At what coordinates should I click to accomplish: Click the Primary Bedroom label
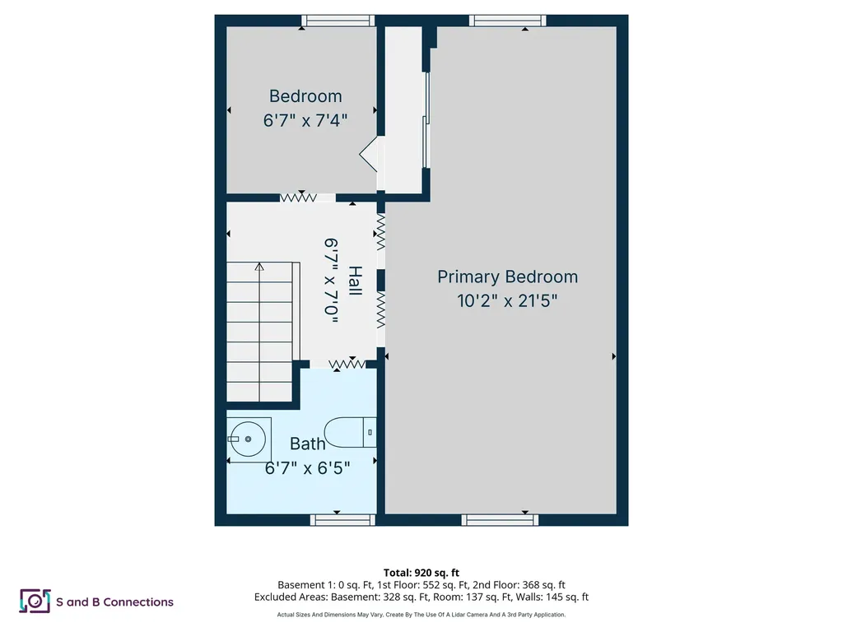pos(507,276)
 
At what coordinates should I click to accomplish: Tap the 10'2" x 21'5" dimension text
pos(507,300)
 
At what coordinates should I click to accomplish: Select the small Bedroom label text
pos(305,96)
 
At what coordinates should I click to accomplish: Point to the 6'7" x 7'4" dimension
pos(305,120)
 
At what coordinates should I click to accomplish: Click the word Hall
pos(355,281)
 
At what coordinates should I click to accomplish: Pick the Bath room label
pos(308,444)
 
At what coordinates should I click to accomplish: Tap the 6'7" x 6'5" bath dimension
pos(308,468)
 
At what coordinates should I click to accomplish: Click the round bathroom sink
pos(247,439)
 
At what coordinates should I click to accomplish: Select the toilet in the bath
pos(350,432)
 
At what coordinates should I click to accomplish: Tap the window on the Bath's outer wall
pos(342,520)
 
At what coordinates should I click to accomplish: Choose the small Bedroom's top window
pos(338,21)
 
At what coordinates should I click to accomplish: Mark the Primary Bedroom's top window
pos(507,21)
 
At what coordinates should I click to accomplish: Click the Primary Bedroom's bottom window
pos(500,520)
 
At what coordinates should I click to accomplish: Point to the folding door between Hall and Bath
pos(347,365)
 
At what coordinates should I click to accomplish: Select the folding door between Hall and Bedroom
pos(298,197)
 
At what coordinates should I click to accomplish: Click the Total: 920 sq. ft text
pos(421,573)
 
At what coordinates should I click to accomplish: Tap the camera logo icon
pos(35,601)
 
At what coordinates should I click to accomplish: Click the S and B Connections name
pos(114,602)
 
